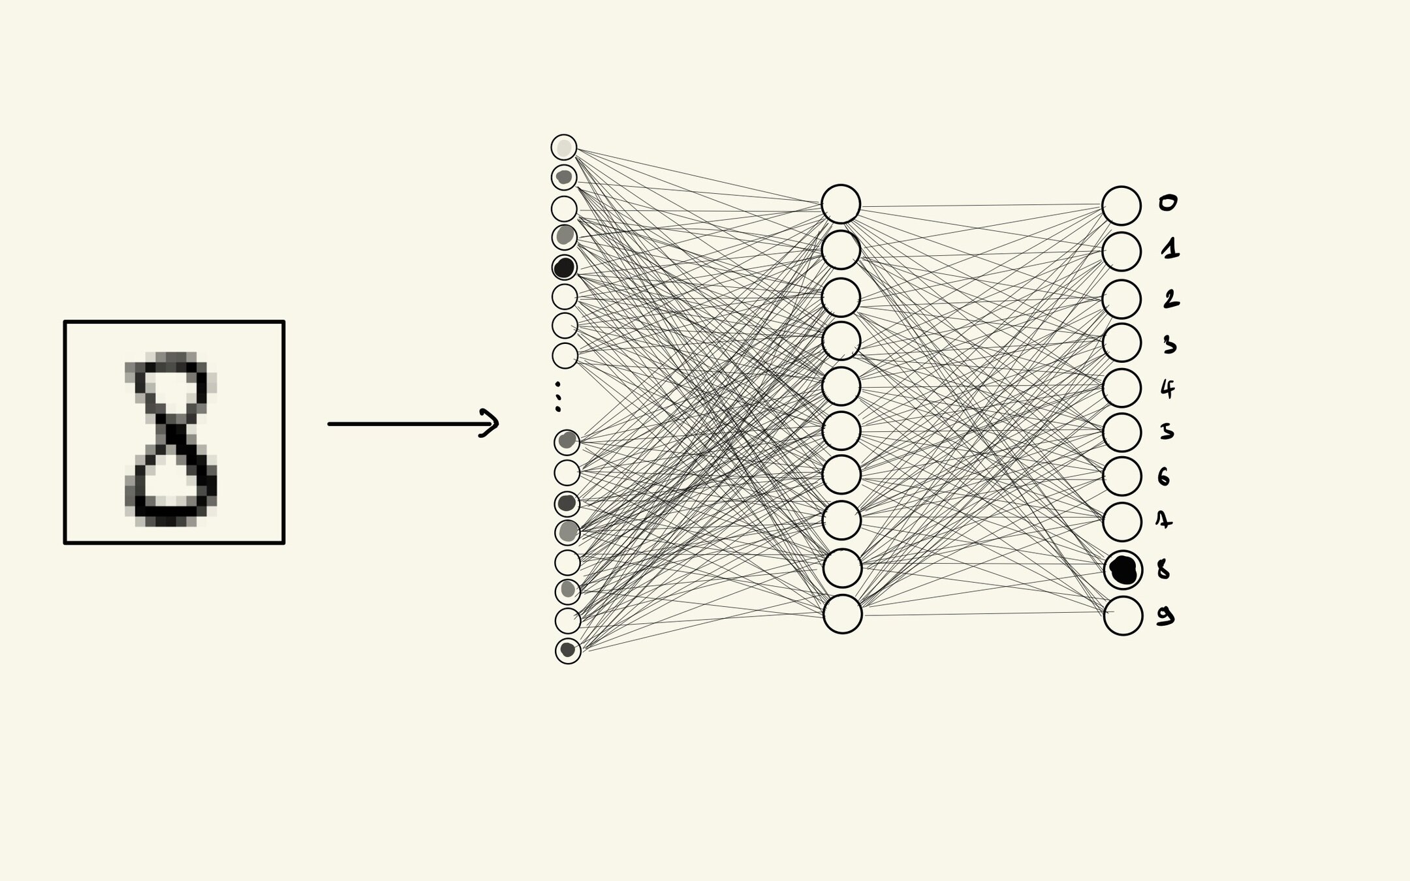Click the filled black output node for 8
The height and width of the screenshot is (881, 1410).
1123,570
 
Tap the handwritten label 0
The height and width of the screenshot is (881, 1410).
1168,203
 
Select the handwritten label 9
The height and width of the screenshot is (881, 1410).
1165,615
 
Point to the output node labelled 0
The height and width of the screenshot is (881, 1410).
1121,206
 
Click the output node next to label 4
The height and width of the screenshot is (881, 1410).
1121,388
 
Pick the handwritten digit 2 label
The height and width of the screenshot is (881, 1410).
1171,299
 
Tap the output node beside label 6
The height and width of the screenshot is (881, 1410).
1121,476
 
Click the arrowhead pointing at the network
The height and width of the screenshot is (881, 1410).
490,424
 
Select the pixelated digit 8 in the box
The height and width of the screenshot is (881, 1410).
170,439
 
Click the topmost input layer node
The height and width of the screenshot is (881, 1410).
564,147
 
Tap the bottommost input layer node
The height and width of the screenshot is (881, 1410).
568,651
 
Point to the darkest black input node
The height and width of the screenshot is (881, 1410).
564,268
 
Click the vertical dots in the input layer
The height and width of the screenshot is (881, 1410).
557,396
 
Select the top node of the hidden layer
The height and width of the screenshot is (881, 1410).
841,204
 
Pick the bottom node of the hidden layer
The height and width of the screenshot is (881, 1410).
842,614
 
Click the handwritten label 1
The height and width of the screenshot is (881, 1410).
1170,249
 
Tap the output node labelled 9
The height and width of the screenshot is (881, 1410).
1123,615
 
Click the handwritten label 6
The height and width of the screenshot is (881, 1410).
1164,477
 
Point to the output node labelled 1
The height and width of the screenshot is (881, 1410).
1121,251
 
